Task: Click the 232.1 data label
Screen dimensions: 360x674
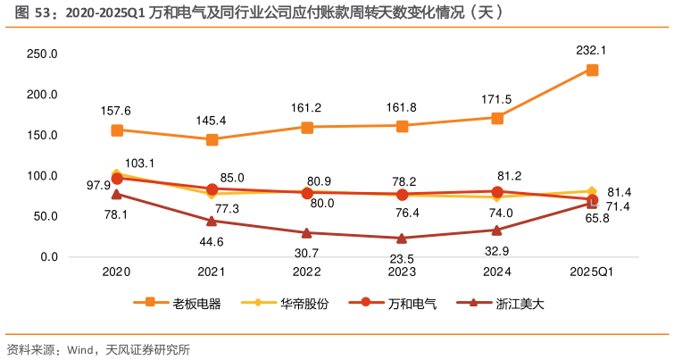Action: tap(591, 51)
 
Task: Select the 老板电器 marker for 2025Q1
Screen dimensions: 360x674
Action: tap(592, 70)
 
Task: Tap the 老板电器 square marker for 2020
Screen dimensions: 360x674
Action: tap(117, 130)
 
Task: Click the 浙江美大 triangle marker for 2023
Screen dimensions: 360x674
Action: tap(402, 238)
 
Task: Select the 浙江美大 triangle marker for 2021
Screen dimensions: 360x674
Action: tap(212, 221)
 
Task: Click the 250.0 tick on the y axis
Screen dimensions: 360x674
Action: tap(43, 54)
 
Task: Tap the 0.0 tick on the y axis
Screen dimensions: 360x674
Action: tap(49, 257)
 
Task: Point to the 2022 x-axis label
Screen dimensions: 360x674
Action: tap(307, 272)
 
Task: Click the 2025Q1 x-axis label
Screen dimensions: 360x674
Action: tap(592, 272)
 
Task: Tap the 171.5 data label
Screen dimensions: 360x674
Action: tap(496, 99)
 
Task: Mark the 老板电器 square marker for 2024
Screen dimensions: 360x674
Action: tap(497, 118)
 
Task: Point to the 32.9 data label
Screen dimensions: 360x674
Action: tap(497, 251)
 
